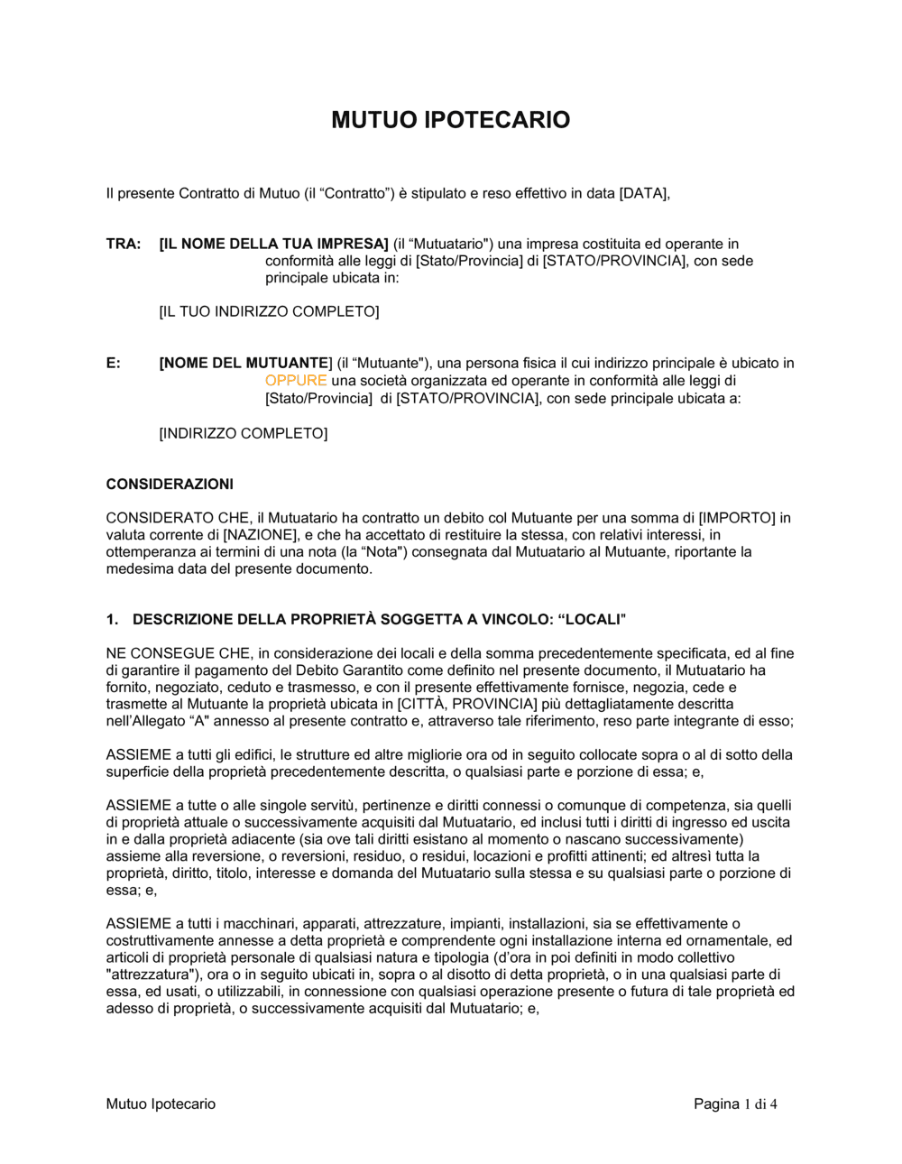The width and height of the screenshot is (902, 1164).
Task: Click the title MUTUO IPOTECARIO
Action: click(x=450, y=120)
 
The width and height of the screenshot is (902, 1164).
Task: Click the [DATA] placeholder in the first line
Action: click(x=643, y=193)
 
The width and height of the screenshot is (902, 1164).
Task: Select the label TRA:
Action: click(x=124, y=244)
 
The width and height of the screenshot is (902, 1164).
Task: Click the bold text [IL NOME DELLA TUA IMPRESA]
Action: click(x=273, y=244)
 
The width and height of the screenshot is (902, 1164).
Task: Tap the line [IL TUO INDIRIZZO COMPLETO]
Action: click(x=269, y=311)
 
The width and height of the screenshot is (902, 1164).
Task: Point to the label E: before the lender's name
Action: click(x=114, y=364)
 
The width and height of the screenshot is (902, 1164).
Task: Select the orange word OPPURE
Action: click(x=296, y=381)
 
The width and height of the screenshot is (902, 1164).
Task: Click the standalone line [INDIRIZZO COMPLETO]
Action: click(x=244, y=433)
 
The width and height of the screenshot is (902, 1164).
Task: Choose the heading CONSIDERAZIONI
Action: click(x=170, y=485)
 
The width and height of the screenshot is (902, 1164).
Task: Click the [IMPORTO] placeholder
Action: click(x=737, y=518)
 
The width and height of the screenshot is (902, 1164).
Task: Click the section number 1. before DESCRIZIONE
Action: click(x=112, y=620)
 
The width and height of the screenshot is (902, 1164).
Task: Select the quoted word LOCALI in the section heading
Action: click(x=593, y=620)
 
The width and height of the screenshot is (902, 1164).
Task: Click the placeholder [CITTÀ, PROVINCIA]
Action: click(x=467, y=704)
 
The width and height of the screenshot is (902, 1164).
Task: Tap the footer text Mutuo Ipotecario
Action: click(x=161, y=1104)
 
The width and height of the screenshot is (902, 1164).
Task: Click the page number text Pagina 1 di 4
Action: click(x=735, y=1104)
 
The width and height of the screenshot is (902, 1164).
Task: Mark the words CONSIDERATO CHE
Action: click(x=178, y=518)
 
